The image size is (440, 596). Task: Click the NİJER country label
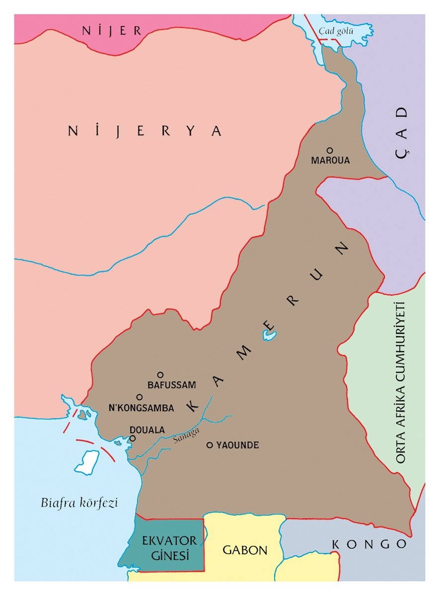[112, 30]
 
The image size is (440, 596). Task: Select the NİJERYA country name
[145, 131]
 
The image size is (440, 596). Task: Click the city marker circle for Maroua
[329, 150]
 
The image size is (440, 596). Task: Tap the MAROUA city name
[330, 161]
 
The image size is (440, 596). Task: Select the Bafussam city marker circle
[160, 374]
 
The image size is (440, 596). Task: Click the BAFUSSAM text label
[172, 385]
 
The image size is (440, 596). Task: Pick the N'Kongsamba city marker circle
[140, 397]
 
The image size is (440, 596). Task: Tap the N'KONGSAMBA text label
[141, 408]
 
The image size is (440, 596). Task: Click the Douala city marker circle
[133, 439]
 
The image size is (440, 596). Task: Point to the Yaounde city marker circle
[210, 445]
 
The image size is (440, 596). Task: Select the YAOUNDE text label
[237, 446]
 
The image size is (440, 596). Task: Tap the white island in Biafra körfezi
[87, 461]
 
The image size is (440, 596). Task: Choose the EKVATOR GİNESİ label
[169, 548]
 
